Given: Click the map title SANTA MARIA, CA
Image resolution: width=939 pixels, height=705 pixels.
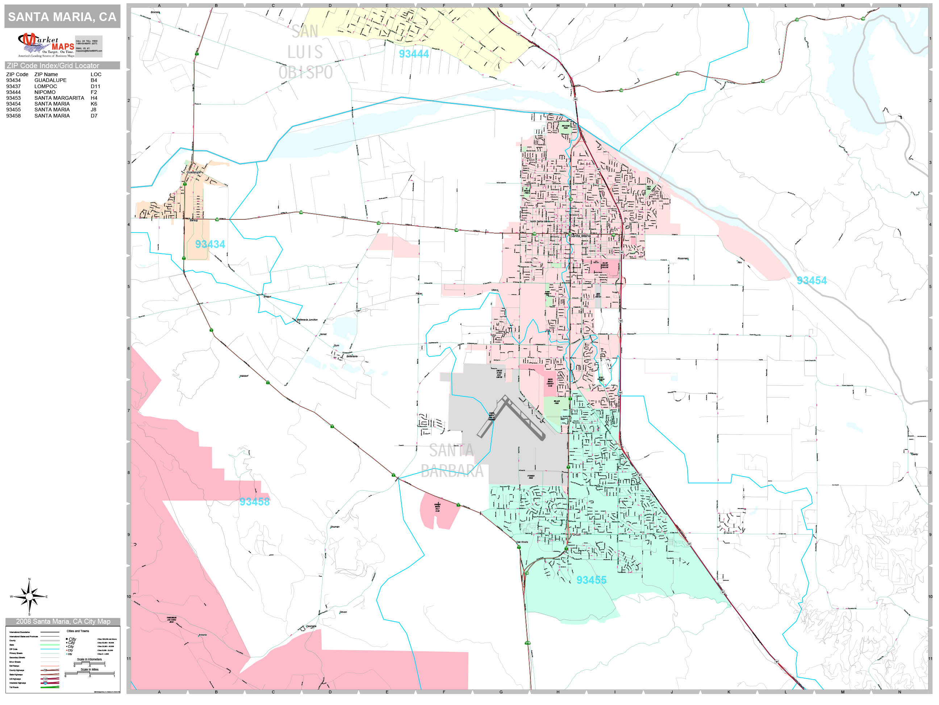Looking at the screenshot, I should point(62,17).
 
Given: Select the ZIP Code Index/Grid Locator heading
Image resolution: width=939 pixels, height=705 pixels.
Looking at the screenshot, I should point(53,65).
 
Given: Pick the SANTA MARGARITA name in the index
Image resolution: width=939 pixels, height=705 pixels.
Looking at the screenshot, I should point(59,98).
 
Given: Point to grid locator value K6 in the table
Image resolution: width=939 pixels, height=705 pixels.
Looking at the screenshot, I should point(94,104).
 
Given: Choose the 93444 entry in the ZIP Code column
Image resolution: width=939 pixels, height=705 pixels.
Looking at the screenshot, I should point(13,92).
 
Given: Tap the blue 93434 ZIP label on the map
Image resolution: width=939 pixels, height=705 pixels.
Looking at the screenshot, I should point(210,244).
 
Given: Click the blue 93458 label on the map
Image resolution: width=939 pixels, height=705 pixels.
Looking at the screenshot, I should point(254,502).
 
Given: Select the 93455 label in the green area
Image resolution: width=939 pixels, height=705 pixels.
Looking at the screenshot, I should point(591,580).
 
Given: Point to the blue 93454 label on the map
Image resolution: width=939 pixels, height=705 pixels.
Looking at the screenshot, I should point(811,280).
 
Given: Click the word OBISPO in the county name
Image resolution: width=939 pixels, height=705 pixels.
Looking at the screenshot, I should point(306,73).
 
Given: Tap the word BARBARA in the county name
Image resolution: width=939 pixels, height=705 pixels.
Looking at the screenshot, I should point(452,471).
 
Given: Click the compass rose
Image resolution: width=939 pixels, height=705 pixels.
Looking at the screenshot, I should point(29,597).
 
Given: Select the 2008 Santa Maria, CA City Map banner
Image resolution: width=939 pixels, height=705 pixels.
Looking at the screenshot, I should point(63,621).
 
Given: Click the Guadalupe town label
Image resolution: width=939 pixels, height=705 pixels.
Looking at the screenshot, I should point(193,172).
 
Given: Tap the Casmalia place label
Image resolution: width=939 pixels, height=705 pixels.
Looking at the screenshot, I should point(311,626).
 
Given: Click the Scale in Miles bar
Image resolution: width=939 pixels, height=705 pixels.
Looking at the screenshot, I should point(89,673).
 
